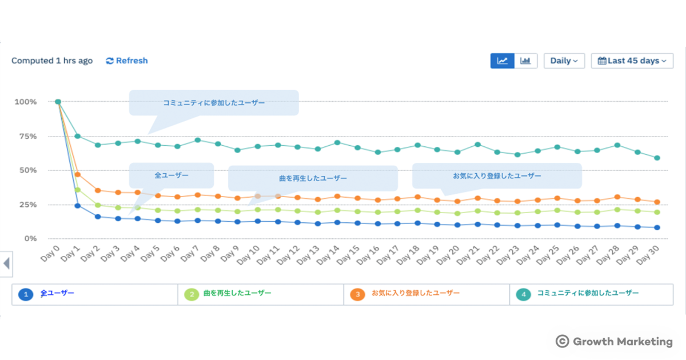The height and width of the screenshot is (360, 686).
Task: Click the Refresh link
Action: pyautogui.click(x=127, y=61)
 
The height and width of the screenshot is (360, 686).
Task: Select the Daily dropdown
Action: pyautogui.click(x=564, y=61)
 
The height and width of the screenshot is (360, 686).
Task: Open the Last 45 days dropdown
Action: pyautogui.click(x=632, y=61)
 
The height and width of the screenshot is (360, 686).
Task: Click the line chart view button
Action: pyautogui.click(x=502, y=61)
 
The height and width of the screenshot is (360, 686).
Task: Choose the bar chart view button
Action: pyautogui.click(x=526, y=61)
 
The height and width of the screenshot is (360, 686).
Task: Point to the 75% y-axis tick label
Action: pyautogui.click(x=27, y=136)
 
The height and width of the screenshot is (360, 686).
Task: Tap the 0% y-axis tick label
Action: pyautogui.click(x=30, y=238)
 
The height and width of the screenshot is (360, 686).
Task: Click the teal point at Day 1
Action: pyautogui.click(x=77, y=136)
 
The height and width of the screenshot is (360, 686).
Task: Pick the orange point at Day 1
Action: pyautogui.click(x=77, y=174)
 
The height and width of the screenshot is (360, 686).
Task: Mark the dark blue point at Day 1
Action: pyautogui.click(x=77, y=206)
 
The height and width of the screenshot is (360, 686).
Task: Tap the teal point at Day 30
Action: pyautogui.click(x=657, y=158)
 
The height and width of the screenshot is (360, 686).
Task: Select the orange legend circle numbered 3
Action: pyautogui.click(x=357, y=294)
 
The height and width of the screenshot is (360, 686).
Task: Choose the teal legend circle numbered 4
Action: pyautogui.click(x=523, y=294)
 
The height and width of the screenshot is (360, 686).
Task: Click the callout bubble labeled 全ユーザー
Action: pyautogui.click(x=171, y=175)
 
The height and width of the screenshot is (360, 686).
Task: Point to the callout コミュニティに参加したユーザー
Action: pyautogui.click(x=214, y=103)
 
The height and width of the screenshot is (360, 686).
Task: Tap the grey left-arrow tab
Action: pyautogui.click(x=6, y=263)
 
